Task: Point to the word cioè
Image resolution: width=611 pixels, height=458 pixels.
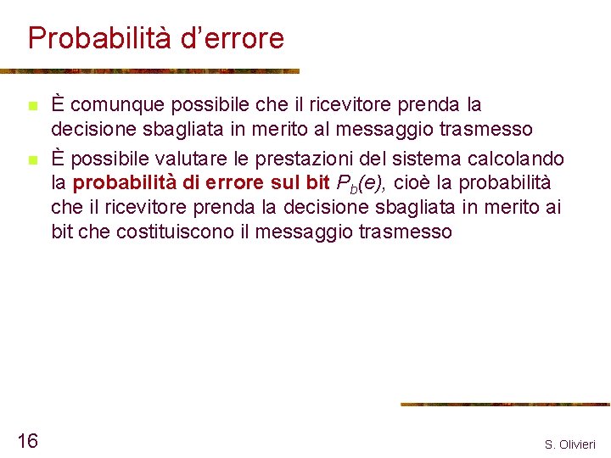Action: tap(412, 183)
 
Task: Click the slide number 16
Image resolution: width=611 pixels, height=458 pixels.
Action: tap(27, 440)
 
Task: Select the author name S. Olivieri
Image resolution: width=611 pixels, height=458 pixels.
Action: tap(570, 444)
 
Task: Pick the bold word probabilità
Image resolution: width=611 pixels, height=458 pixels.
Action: tap(125, 183)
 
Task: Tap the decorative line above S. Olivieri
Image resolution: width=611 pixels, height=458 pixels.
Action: tap(504, 405)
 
